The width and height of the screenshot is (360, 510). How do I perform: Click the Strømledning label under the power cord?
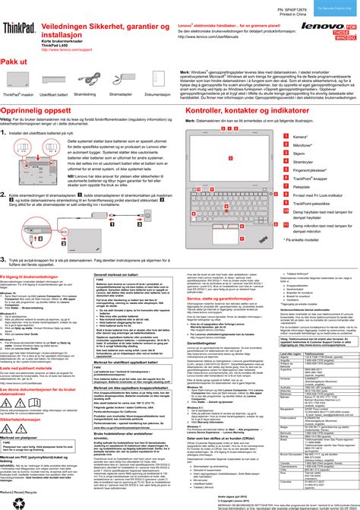click(x=85, y=95)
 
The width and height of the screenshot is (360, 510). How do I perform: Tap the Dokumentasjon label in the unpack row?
click(x=157, y=95)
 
